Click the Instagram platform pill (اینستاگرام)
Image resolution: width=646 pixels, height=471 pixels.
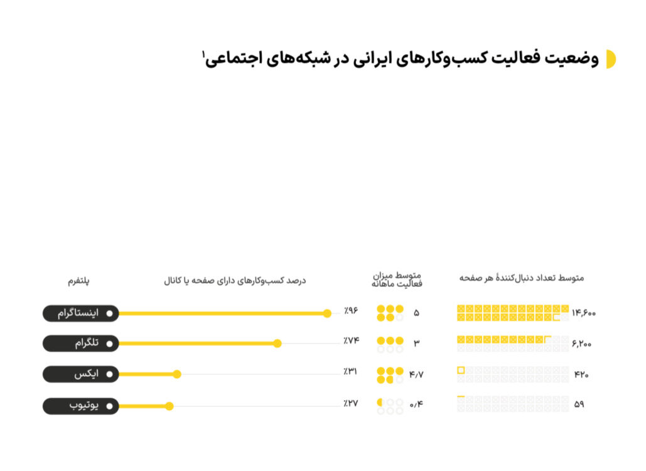tap(80, 313)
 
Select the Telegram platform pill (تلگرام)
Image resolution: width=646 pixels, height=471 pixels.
tap(80, 343)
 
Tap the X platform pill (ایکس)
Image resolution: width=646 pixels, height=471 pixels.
tap(80, 374)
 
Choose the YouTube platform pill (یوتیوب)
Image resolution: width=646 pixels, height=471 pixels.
tap(80, 406)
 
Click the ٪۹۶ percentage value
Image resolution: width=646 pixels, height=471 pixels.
tap(350, 310)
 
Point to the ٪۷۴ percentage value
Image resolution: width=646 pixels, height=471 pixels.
tap(350, 340)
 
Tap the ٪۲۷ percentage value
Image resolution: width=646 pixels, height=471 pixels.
tap(350, 403)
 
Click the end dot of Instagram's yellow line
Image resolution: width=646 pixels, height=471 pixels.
tap(327, 313)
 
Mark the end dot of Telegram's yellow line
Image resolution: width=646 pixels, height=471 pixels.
tap(277, 344)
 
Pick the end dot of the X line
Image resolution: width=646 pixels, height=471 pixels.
tap(177, 374)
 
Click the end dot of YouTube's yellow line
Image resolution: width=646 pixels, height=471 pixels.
tap(169, 406)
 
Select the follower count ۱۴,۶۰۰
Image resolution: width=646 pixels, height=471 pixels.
tap(584, 312)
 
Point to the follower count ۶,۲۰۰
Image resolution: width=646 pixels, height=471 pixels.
tap(582, 344)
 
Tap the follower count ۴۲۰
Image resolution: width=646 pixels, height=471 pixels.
tap(581, 375)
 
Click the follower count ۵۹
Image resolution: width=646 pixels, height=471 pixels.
tap(579, 404)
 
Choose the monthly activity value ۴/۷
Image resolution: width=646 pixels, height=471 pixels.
tap(416, 375)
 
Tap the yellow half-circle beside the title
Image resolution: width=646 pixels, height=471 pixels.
tap(610, 59)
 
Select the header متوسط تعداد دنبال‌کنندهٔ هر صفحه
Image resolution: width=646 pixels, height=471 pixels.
tap(521, 278)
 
